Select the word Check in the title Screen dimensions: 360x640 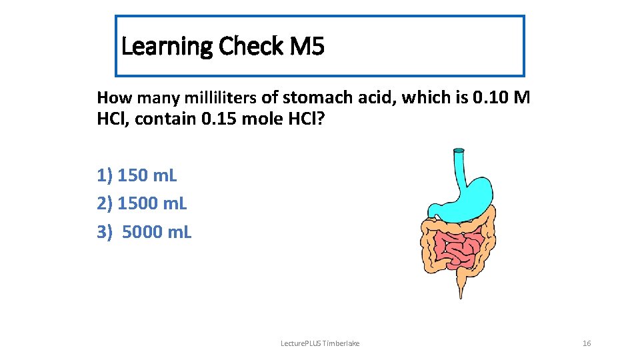(251, 47)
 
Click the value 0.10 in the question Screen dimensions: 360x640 (491, 98)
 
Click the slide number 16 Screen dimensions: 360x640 (587, 343)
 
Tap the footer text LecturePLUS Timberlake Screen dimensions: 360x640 (321, 343)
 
